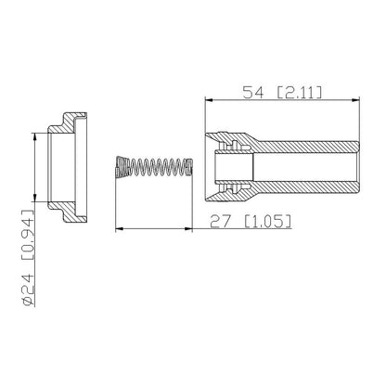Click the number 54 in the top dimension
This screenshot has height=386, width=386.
pos(253,93)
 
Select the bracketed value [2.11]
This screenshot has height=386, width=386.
pos(299,93)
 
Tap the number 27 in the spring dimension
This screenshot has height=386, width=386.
pos(221,222)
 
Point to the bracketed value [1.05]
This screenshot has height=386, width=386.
pos(268,222)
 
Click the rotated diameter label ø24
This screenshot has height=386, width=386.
pos(28,290)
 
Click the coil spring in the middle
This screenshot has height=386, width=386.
pos(154,167)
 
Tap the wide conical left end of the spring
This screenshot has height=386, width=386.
pos(122,167)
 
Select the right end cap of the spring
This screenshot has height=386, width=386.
pos(190,167)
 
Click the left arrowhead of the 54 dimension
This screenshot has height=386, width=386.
pos(209,100)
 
